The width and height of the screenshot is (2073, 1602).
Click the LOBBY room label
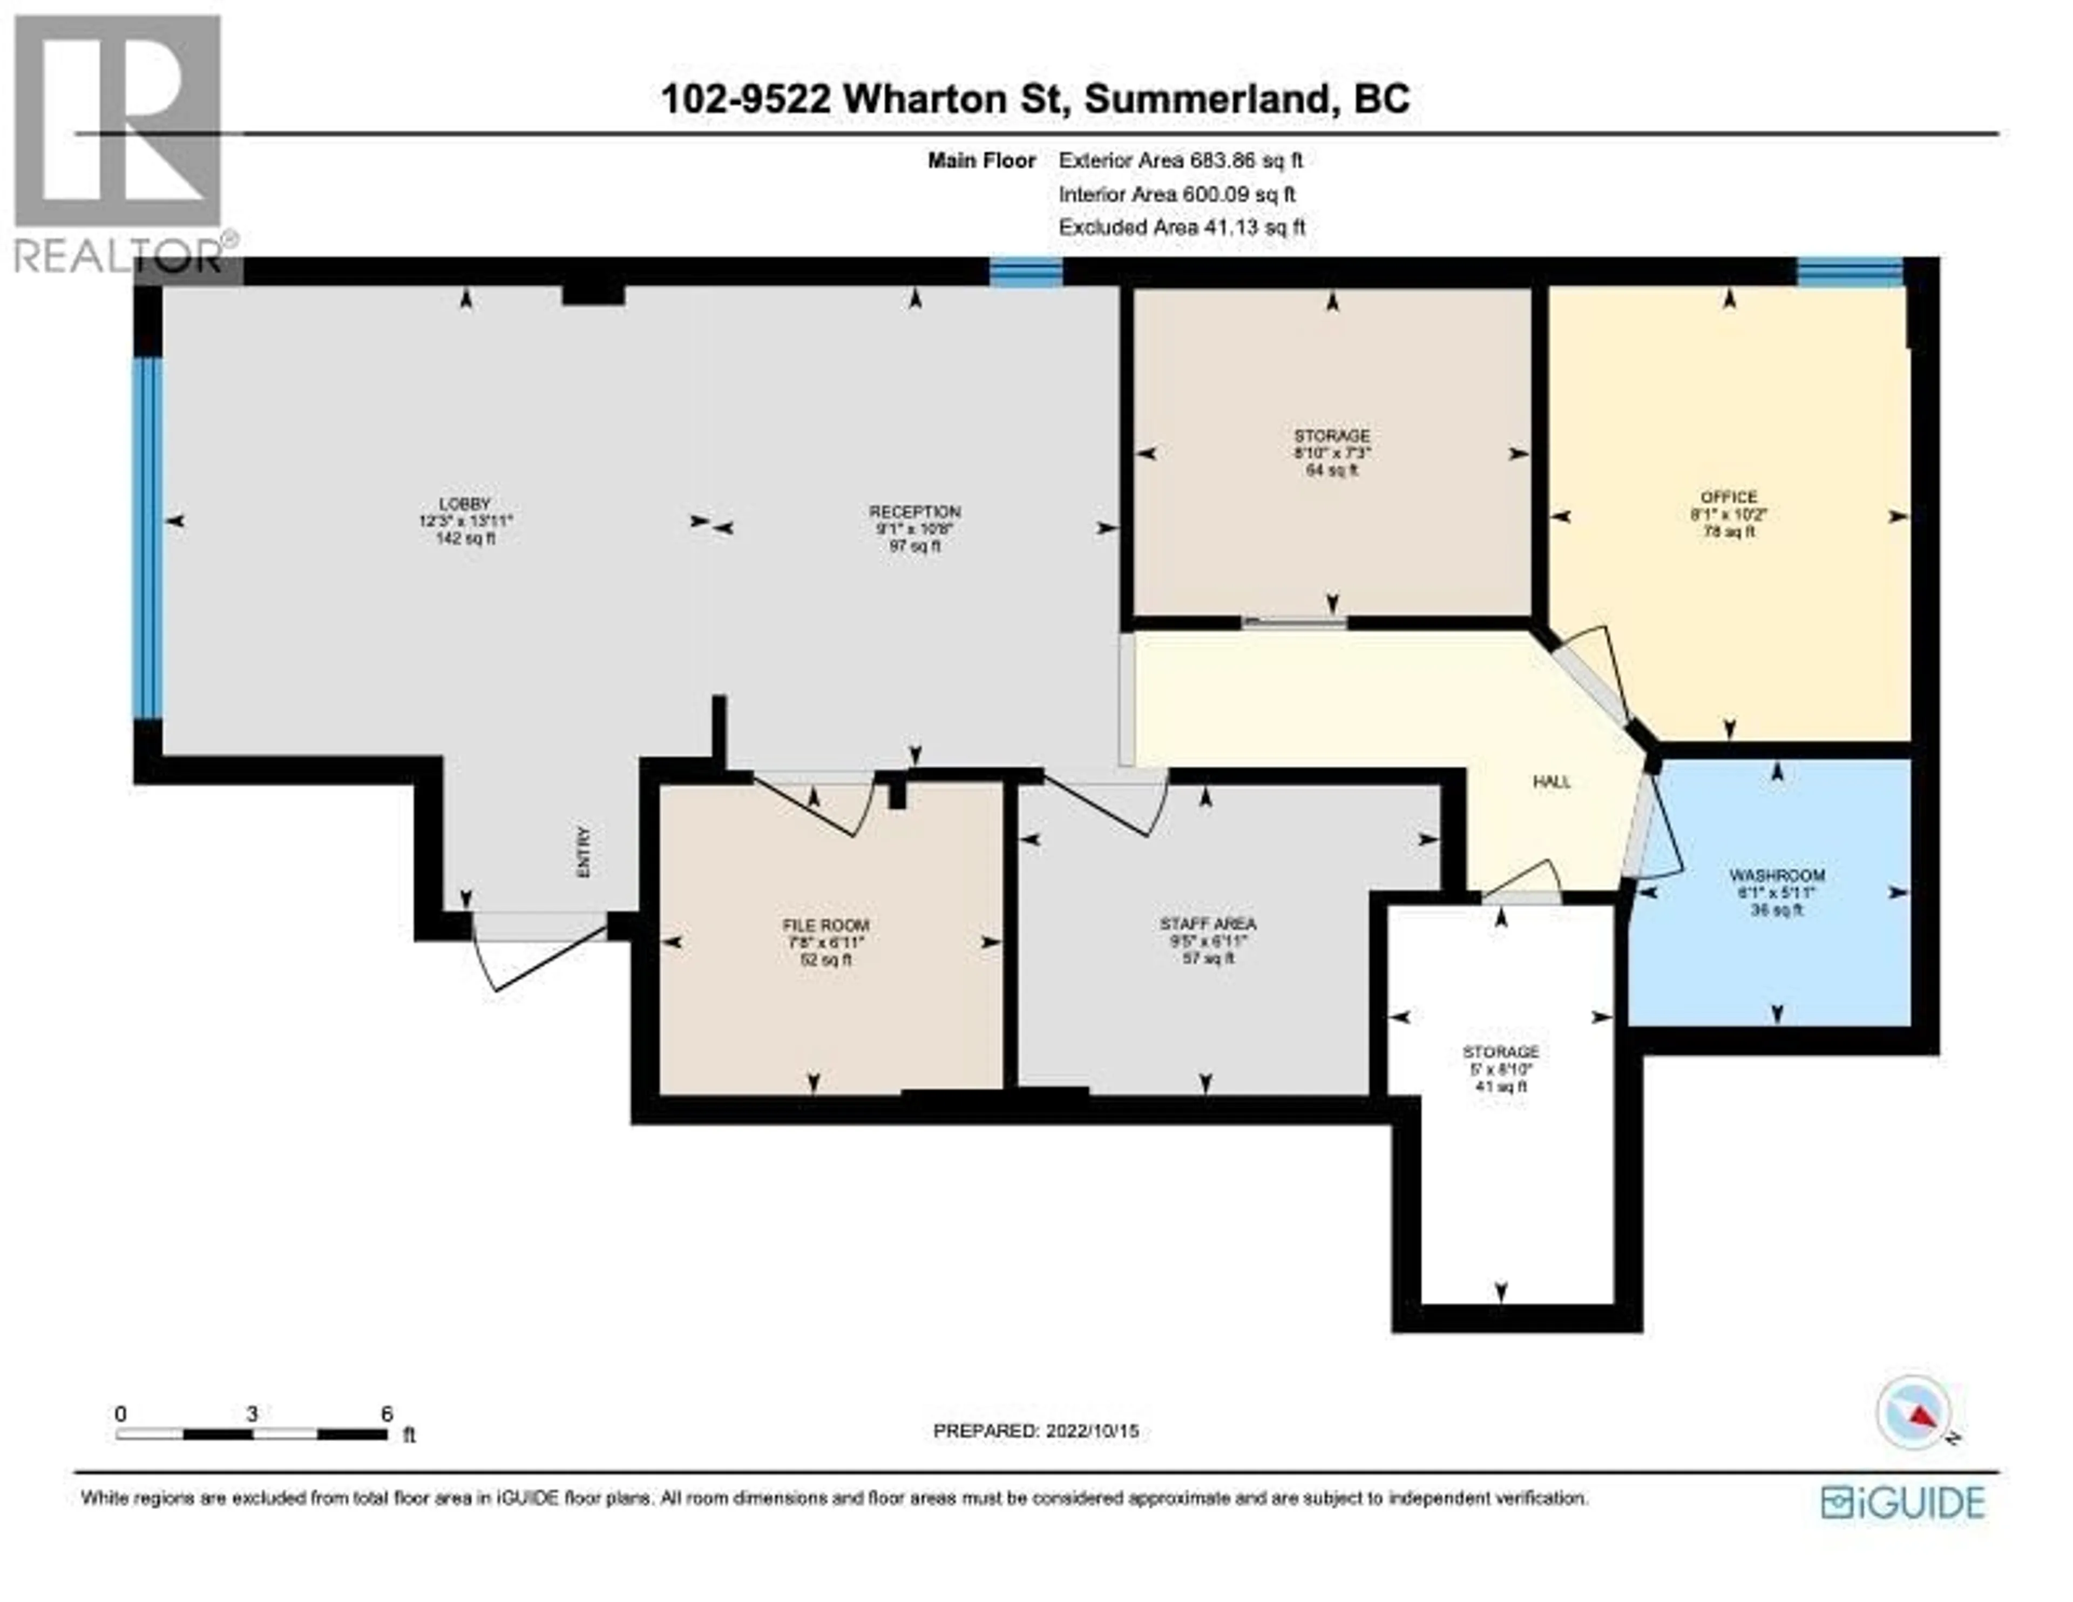tap(465, 503)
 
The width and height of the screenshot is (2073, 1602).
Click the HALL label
tap(1552, 782)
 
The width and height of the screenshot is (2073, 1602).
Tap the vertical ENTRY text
tap(584, 852)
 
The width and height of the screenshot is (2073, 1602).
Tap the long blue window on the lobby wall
tap(147, 537)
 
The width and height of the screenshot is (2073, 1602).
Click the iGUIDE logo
tap(1903, 1502)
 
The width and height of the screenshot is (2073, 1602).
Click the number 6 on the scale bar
tap(387, 1414)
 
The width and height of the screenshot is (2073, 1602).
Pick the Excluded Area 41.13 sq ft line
tap(1182, 227)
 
